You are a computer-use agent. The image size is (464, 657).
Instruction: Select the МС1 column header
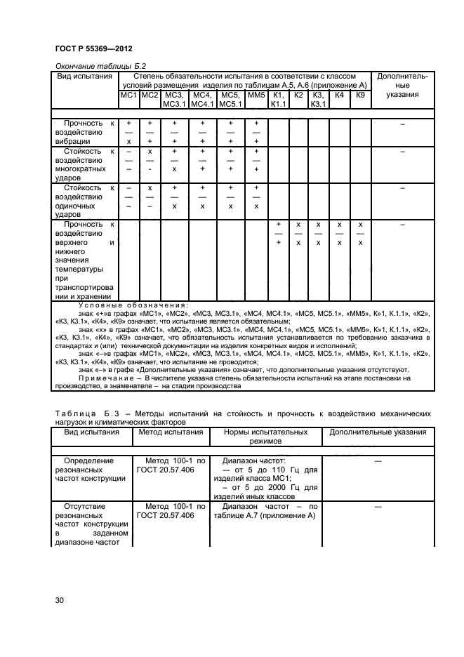coord(128,95)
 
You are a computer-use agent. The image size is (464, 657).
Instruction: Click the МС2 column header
coord(150,95)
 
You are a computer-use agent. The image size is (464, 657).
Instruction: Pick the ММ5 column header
coord(256,95)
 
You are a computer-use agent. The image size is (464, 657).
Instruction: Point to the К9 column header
coord(360,95)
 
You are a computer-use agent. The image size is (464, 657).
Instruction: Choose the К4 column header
coord(339,95)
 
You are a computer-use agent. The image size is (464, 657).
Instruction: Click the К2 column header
coord(298,95)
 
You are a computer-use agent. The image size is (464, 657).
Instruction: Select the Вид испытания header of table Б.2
coord(85,76)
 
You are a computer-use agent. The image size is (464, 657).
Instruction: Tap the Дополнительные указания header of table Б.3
coord(378,432)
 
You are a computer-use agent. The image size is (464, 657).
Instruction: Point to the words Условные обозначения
coord(133,305)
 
